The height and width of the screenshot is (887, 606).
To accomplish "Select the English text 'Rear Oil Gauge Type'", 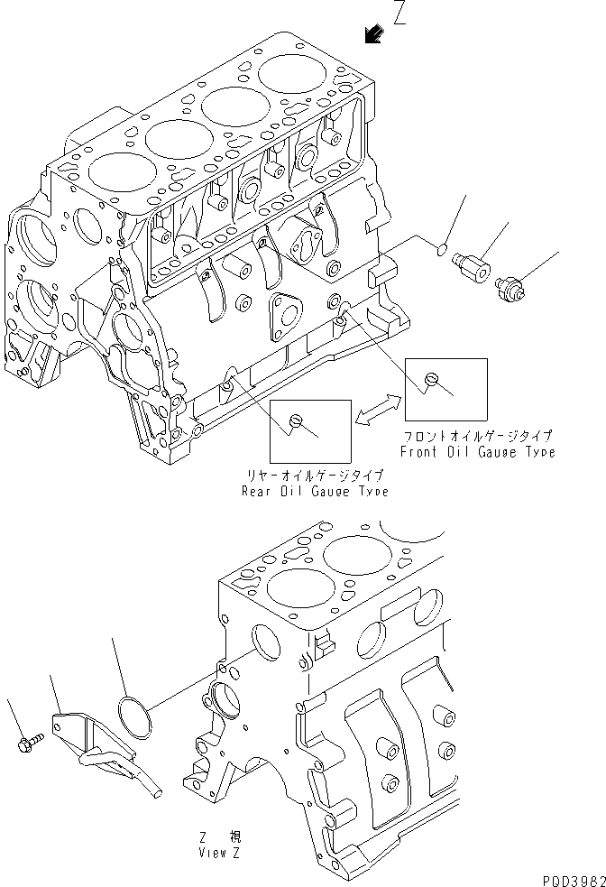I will click(x=315, y=491).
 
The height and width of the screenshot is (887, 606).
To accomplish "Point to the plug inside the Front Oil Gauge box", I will click(x=432, y=380).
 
